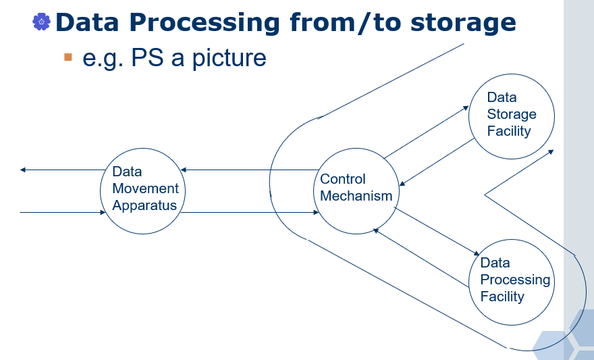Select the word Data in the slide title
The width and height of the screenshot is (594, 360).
coord(88,23)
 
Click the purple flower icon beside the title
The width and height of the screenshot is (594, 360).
coord(41,22)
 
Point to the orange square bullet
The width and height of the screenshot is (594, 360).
coord(67,57)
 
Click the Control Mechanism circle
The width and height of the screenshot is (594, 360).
coord(356,188)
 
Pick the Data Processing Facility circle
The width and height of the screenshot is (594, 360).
coord(511,280)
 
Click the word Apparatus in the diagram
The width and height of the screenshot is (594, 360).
coord(144,205)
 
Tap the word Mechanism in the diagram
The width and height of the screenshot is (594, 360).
coord(356,196)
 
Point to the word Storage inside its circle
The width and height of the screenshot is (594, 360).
coord(512,114)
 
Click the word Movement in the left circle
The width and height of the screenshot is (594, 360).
coord(146,188)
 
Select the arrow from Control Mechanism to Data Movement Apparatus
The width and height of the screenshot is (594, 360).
coord(250,170)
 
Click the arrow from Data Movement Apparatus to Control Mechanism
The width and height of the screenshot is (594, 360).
coord(250,213)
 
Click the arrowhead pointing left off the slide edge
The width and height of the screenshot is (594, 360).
coord(23,170)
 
